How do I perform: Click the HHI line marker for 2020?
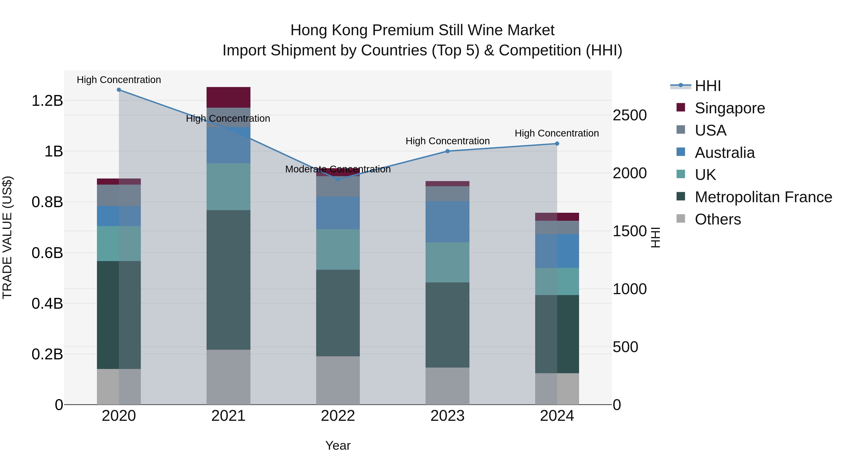119,90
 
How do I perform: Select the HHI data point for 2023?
447,151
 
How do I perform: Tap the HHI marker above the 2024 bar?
557,144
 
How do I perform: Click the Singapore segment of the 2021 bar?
228,97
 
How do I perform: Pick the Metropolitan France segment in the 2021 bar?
228,280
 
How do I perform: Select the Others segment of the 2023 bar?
447,386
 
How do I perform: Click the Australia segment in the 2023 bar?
447,222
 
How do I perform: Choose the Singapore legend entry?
729,108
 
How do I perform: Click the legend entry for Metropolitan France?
763,197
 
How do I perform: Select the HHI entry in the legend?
707,86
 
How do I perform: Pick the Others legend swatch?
681,219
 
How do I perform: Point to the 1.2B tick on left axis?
47,101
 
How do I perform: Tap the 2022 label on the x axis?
338,416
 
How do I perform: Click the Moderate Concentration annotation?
338,169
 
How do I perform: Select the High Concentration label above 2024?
557,133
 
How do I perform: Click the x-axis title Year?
338,445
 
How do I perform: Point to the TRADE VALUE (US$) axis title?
7,237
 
